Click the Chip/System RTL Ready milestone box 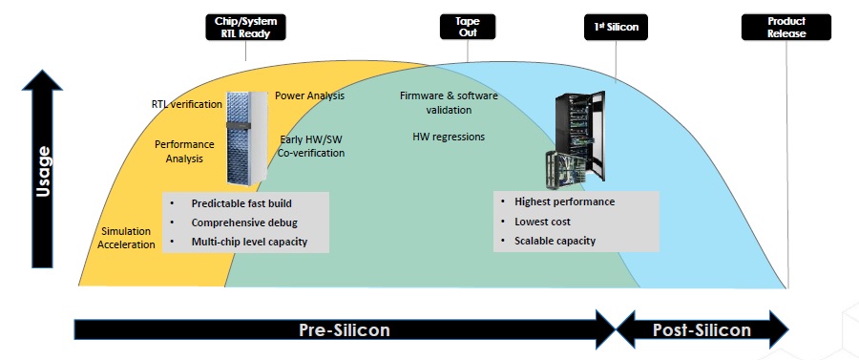[245, 28]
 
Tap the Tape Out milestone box [468, 27]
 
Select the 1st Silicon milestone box [616, 27]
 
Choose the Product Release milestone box [786, 27]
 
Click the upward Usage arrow [42, 169]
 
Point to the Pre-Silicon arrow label [345, 329]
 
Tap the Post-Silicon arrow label [702, 329]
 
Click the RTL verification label [187, 103]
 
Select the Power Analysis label [309, 95]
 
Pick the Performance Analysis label [184, 151]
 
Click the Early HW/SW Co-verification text [311, 146]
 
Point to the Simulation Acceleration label [126, 238]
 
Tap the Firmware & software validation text [449, 103]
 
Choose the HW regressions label [449, 137]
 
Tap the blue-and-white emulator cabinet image [247, 138]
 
